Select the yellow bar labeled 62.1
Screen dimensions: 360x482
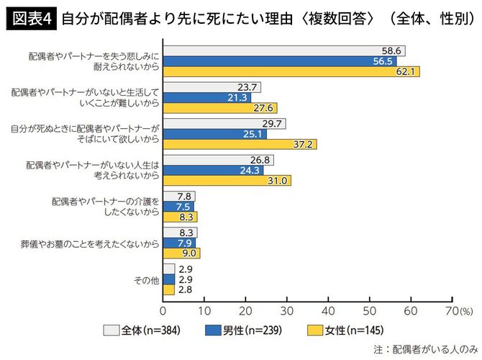tap(291, 71)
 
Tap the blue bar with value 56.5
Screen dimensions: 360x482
tap(280, 61)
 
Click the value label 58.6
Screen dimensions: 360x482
tap(392, 50)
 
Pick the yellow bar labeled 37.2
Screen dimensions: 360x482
tap(240, 144)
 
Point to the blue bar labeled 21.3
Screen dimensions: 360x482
tap(207, 97)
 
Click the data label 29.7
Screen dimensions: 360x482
tap(273, 123)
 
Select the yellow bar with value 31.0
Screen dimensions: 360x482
tap(227, 181)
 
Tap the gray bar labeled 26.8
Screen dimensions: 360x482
tap(219, 160)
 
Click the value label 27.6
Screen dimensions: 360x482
tap(264, 108)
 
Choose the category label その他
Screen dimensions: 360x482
tap(145, 279)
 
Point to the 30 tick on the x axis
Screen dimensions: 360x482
tap(288, 310)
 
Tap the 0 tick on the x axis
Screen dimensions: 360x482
tap(164, 310)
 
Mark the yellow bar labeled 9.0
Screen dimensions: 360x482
tap(182, 253)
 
